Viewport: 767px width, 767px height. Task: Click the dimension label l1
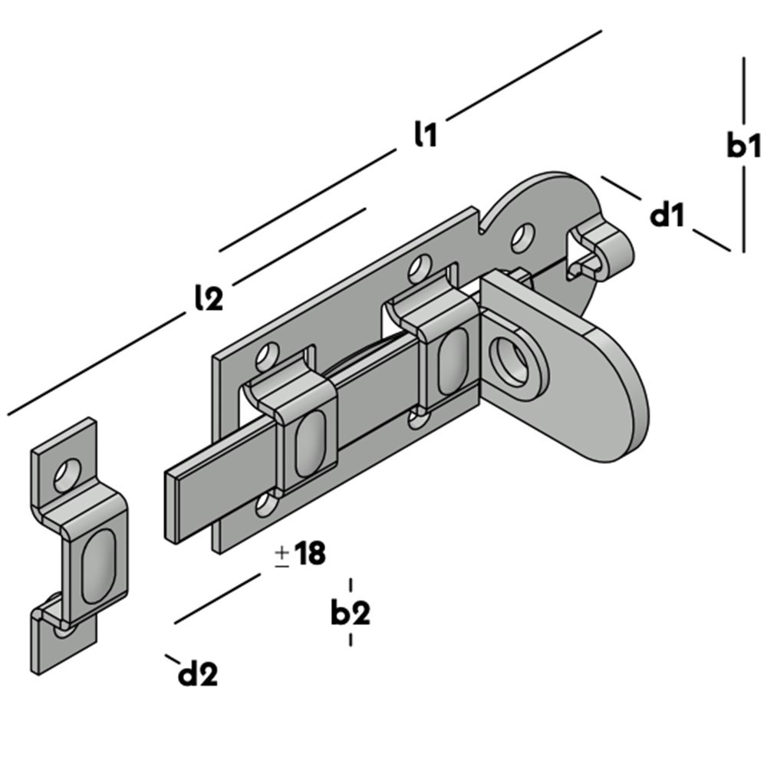pos(424,135)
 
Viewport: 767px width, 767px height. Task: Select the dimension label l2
pos(208,298)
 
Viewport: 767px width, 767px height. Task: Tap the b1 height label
pos(742,146)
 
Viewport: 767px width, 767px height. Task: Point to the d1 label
pos(667,216)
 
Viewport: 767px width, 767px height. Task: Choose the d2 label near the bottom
pos(197,674)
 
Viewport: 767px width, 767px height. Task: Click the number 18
pos(310,554)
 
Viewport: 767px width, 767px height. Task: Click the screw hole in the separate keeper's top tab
pos(67,473)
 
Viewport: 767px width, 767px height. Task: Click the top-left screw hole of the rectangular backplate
pos(266,355)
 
